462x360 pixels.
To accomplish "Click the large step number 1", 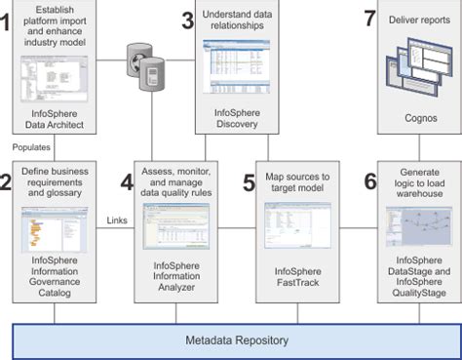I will pos(8,21).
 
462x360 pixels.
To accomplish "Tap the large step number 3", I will pos(187,21).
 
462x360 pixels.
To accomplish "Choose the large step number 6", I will pos(369,181).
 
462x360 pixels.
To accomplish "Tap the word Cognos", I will pos(419,118).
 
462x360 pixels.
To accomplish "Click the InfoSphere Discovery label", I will pos(238,118).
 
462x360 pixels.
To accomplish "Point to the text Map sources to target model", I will pos(301,182).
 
